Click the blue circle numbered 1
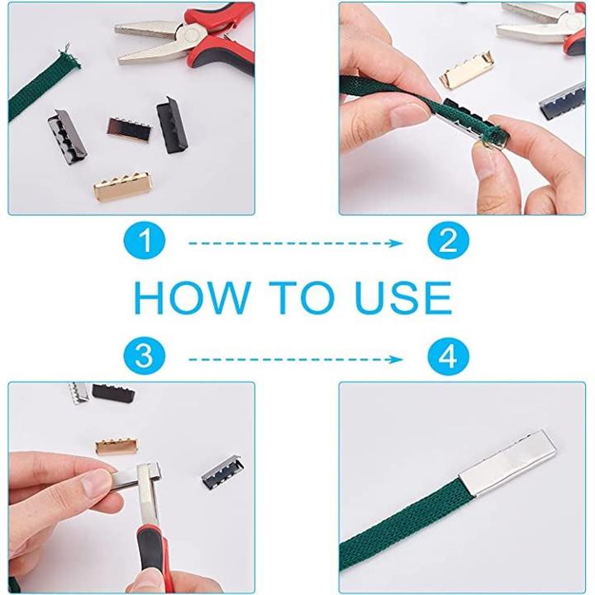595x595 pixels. (145, 240)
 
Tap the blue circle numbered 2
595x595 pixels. (448, 240)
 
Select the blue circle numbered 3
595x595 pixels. (145, 356)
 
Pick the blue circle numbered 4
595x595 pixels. (448, 356)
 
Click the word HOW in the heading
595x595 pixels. (193, 297)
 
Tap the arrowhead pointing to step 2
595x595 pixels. (397, 243)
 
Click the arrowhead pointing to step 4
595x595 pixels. (397, 359)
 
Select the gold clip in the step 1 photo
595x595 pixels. (123, 187)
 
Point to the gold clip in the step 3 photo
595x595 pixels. (117, 446)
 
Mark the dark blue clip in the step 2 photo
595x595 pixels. (563, 99)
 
